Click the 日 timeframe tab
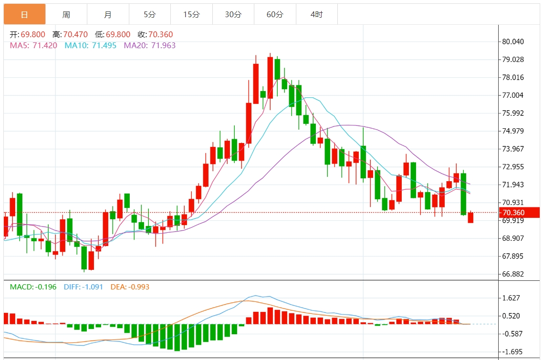pos(24,14)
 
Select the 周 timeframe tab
pos(66,14)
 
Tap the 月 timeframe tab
pos(108,14)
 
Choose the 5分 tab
pos(150,14)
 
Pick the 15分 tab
pos(191,14)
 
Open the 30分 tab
pos(233,14)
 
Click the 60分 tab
pos(275,14)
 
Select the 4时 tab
pos(316,14)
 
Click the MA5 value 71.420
pos(45,46)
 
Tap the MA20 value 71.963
pos(163,46)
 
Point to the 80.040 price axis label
pos(513,41)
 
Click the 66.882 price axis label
pos(513,274)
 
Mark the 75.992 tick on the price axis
pos(513,113)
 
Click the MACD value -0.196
pos(45,287)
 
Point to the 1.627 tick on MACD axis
pos(511,298)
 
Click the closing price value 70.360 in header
pos(161,35)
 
